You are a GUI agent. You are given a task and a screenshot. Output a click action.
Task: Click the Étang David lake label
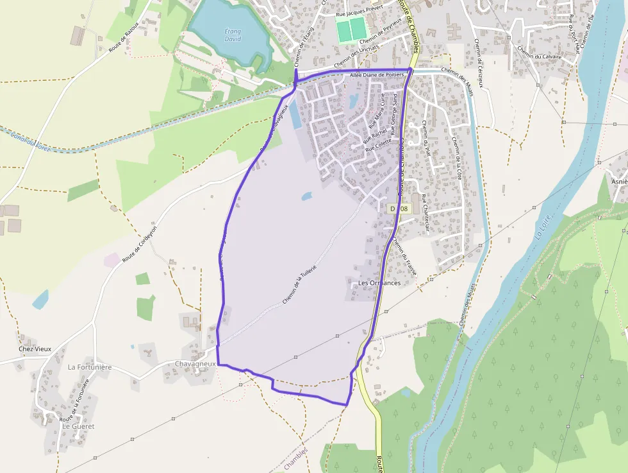[233, 35]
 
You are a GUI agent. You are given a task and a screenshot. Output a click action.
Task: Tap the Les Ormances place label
[379, 282]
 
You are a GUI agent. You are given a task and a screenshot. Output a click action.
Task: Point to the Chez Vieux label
[35, 349]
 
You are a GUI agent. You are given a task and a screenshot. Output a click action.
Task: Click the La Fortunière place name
[90, 367]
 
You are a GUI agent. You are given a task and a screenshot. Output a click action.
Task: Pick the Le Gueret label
[78, 426]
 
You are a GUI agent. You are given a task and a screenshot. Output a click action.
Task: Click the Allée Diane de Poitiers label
[377, 75]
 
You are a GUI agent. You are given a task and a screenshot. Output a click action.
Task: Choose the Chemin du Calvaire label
[538, 56]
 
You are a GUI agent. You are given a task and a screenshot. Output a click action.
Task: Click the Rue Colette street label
[378, 147]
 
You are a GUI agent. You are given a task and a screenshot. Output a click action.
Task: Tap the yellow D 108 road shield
[399, 209]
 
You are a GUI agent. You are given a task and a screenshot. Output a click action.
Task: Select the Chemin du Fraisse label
[404, 257]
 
